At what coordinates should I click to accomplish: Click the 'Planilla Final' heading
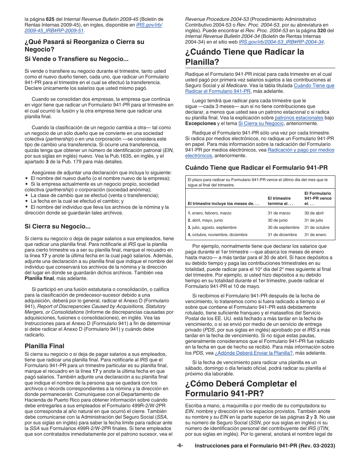point(44,346)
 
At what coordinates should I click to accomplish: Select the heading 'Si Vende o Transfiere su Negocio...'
point(76,59)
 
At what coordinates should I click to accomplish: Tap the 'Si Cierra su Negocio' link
point(261,124)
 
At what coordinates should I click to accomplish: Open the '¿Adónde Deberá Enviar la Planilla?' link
point(254,353)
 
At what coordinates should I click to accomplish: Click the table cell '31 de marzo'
point(279,213)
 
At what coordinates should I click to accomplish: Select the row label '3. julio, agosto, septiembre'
point(212,227)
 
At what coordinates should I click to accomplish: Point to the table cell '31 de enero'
point(315,235)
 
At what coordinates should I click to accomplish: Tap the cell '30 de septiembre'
point(283,227)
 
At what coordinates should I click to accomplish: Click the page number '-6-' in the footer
point(180,446)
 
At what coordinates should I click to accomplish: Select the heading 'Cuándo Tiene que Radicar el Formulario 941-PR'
point(256,167)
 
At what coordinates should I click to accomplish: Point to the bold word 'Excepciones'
point(200,124)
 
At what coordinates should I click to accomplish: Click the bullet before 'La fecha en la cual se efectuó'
point(27,201)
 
